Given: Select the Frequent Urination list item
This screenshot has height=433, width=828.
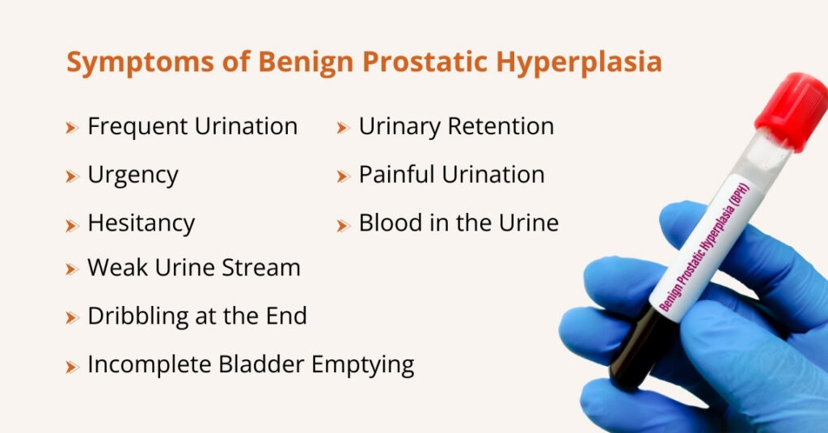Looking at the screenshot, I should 192,126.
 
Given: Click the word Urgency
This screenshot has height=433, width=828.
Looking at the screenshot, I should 133,175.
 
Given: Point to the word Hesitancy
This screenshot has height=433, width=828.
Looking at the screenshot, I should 141,223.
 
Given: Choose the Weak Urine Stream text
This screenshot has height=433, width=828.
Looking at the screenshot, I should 193,268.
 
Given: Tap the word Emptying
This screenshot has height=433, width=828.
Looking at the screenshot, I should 363,365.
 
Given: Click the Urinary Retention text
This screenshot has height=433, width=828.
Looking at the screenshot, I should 456,126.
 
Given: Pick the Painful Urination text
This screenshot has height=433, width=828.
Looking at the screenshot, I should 451,175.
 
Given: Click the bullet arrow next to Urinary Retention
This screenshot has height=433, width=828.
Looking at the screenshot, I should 343,128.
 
